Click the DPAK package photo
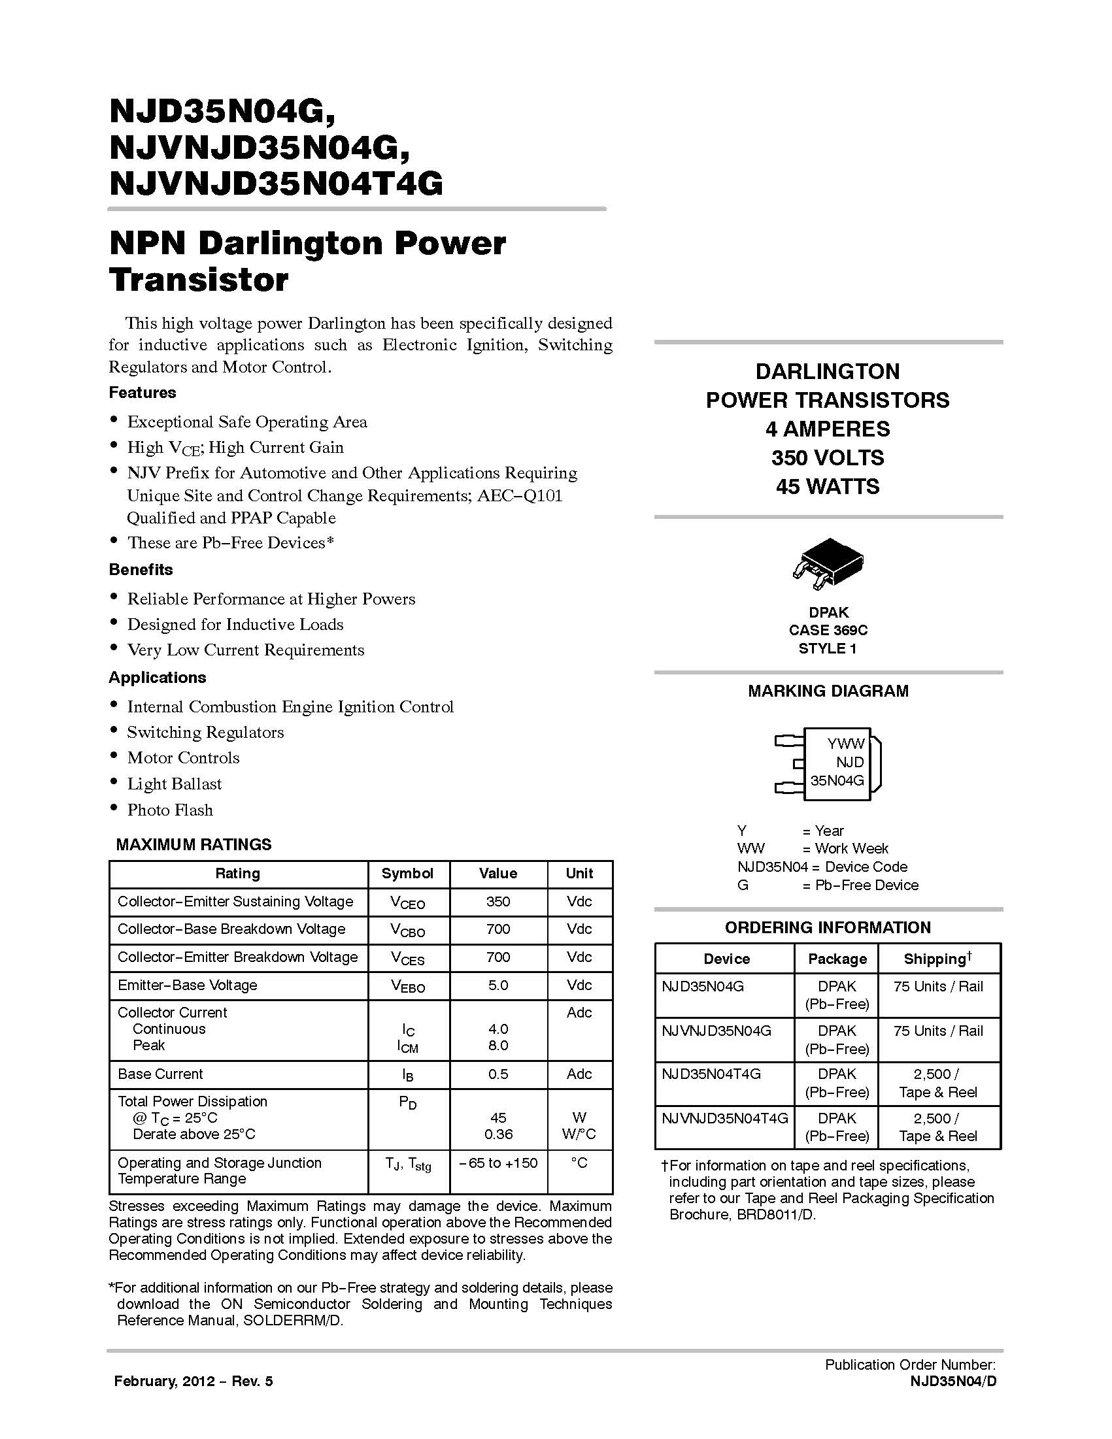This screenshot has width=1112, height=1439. click(828, 564)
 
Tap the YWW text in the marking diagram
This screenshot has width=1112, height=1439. click(846, 744)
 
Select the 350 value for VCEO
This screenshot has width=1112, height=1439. click(497, 901)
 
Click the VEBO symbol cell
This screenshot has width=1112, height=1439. click(408, 985)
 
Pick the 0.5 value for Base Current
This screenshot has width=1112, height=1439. click(497, 1074)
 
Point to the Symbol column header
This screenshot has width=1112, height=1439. click(407, 874)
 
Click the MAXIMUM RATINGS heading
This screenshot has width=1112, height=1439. click(194, 845)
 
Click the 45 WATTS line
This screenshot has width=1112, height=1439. click(827, 487)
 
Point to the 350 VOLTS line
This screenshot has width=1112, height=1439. click(827, 458)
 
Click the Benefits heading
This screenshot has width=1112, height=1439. click(141, 570)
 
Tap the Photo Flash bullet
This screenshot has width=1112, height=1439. click(170, 810)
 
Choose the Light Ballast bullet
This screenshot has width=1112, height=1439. click(175, 784)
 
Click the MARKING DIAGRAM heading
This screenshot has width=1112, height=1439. click(828, 691)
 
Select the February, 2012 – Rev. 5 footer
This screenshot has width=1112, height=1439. click(193, 1381)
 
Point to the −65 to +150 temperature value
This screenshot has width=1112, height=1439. click(498, 1163)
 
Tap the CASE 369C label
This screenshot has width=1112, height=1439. click(828, 631)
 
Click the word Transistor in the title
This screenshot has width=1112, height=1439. click(199, 280)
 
